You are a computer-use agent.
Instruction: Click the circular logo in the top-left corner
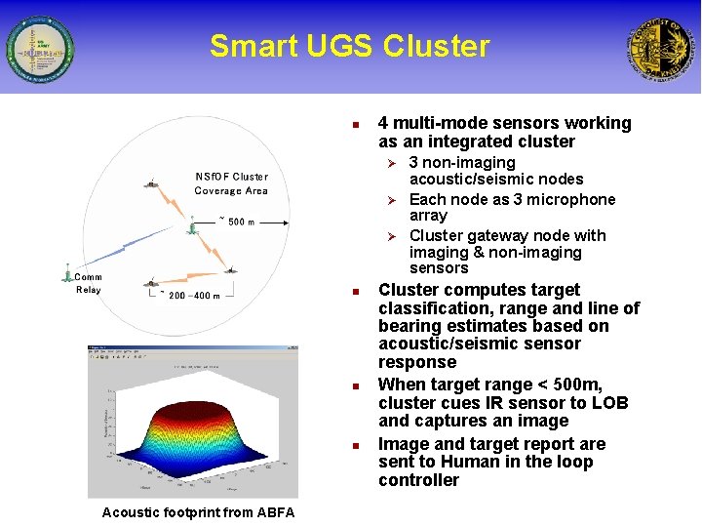39,48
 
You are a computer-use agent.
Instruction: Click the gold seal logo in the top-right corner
662,48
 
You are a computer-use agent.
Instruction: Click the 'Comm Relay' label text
88,283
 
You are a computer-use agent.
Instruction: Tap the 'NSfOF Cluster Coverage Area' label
231,183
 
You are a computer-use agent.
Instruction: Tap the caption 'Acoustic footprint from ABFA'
198,512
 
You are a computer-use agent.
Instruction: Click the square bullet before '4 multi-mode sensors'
357,125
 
